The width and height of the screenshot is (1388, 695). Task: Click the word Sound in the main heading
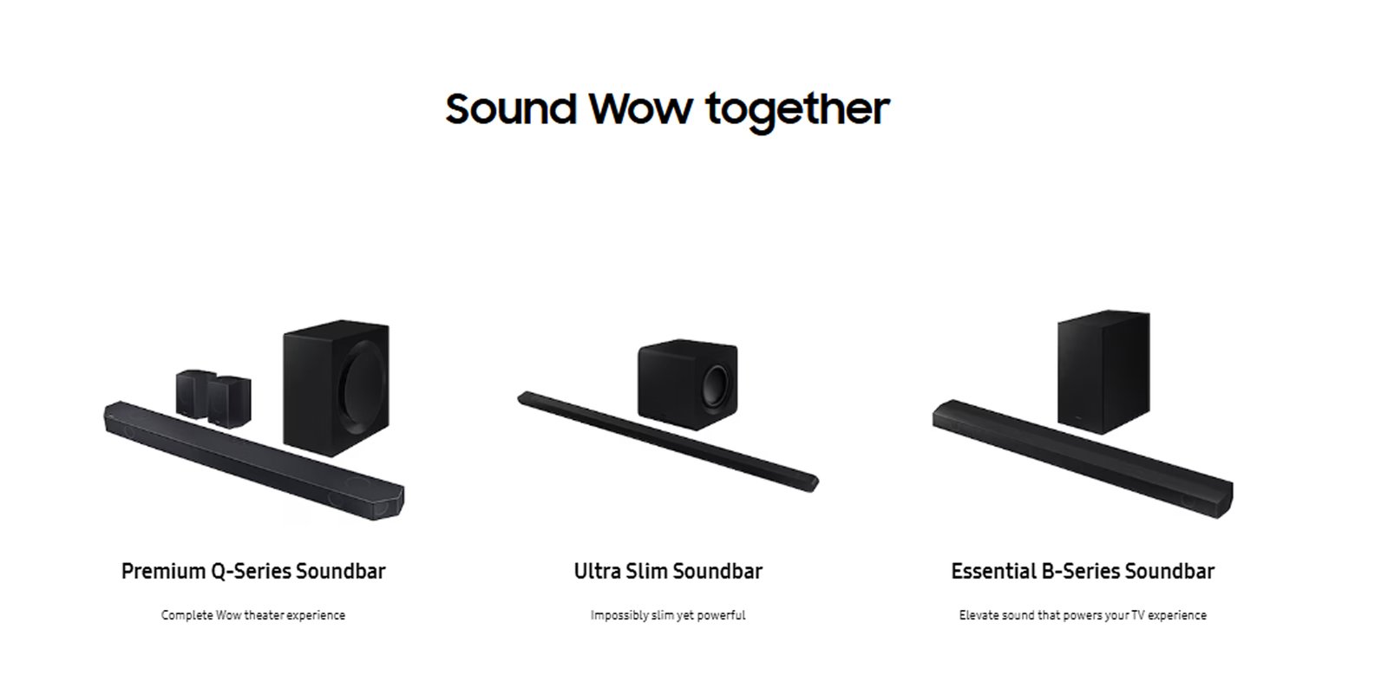pyautogui.click(x=511, y=109)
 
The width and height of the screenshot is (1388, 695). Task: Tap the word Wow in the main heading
pyautogui.click(x=641, y=109)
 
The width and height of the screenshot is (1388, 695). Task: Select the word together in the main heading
pyautogui.click(x=797, y=112)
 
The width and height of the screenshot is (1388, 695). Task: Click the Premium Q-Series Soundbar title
pyautogui.click(x=253, y=571)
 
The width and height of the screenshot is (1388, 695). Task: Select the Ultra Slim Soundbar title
pyautogui.click(x=668, y=571)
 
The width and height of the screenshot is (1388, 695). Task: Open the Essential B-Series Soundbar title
pyautogui.click(x=1083, y=571)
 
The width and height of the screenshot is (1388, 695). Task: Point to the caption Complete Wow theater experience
pyautogui.click(x=253, y=615)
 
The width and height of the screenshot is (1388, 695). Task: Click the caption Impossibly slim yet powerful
pyautogui.click(x=668, y=615)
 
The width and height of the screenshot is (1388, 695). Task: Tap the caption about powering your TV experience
pyautogui.click(x=1083, y=615)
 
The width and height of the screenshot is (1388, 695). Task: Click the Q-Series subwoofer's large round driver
pyautogui.click(x=363, y=387)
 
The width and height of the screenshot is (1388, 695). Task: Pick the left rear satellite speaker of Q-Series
pyautogui.click(x=193, y=394)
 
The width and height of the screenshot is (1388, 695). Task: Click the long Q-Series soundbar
pyautogui.click(x=254, y=460)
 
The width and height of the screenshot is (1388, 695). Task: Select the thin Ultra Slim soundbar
pyautogui.click(x=668, y=442)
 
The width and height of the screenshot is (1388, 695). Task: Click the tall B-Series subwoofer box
pyautogui.click(x=1103, y=371)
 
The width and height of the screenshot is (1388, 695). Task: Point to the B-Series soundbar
pyautogui.click(x=1083, y=459)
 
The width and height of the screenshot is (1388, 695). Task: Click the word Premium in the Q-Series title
pyautogui.click(x=164, y=571)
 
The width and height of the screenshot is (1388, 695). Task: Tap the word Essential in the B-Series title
pyautogui.click(x=993, y=571)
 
